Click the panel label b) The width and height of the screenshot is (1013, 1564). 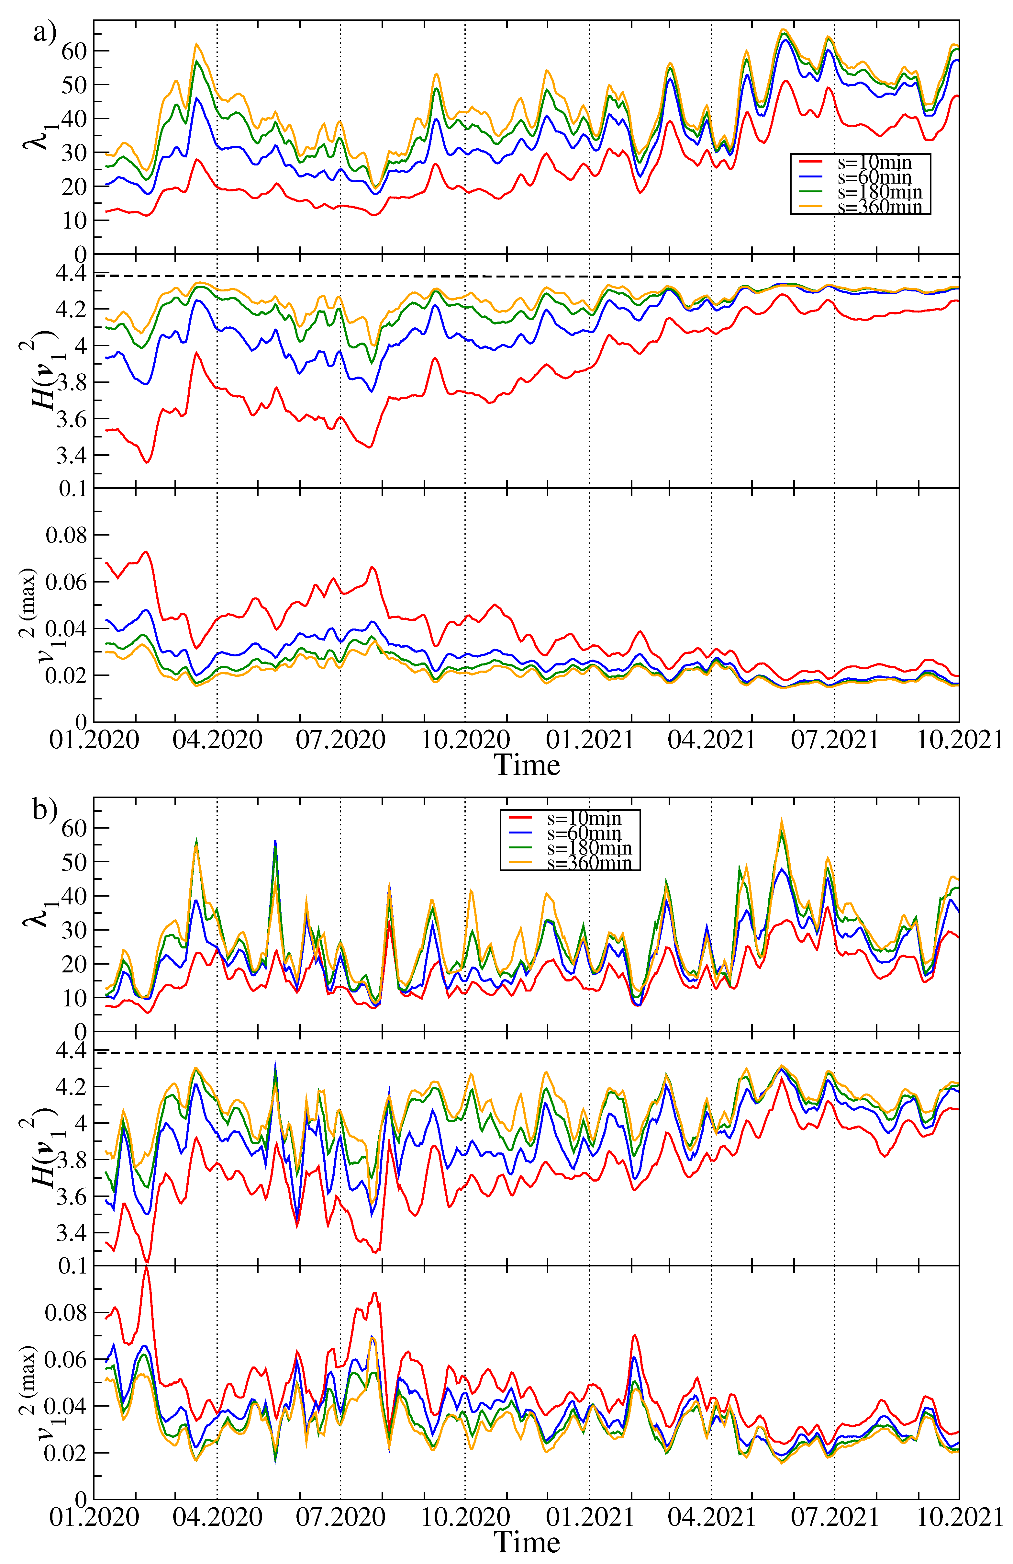(45, 810)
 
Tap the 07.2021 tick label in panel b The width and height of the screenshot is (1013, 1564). (834, 1517)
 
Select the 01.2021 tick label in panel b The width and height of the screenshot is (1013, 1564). (589, 1517)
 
